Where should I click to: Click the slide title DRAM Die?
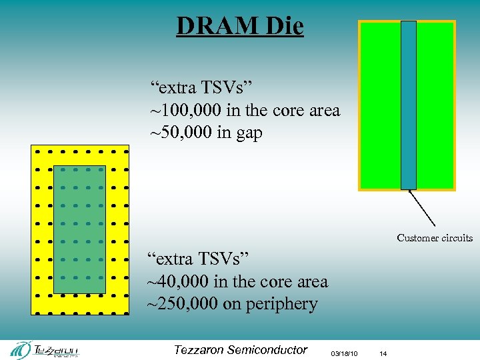pyautogui.click(x=240, y=26)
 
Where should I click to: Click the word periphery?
pyautogui.click(x=281, y=305)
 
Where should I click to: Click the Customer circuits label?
pyautogui.click(x=435, y=238)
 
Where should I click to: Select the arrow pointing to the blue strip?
pyautogui.click(x=421, y=208)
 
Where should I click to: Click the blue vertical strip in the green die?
pyautogui.click(x=408, y=105)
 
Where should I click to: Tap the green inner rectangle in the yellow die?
pyautogui.click(x=79, y=229)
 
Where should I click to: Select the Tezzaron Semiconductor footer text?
pyautogui.click(x=240, y=350)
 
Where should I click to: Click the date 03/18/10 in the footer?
pyautogui.click(x=345, y=353)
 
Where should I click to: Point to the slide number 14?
pyautogui.click(x=382, y=353)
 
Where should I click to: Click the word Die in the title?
pyautogui.click(x=283, y=26)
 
